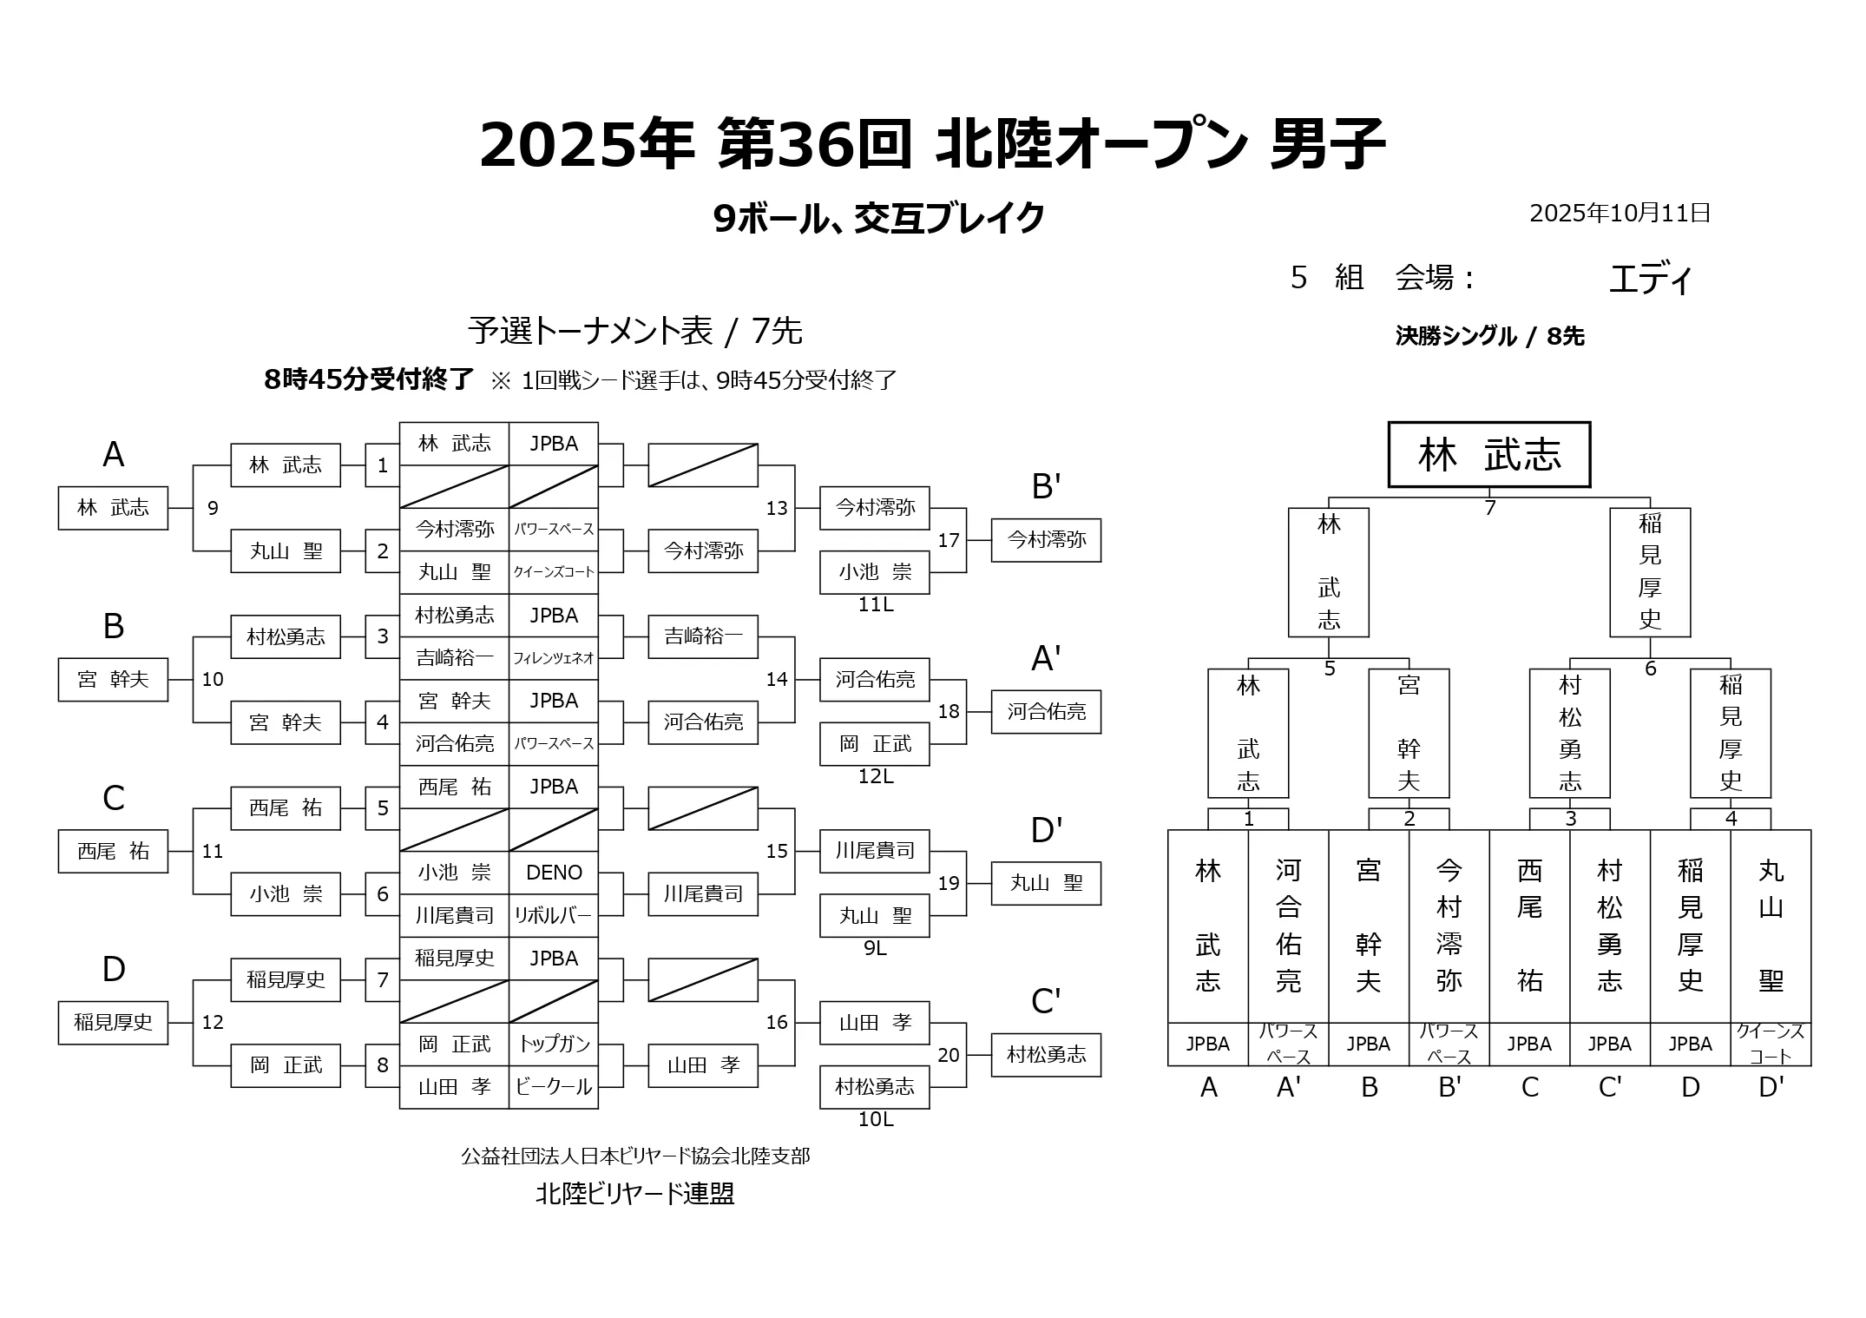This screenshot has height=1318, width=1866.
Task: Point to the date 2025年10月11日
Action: click(1620, 214)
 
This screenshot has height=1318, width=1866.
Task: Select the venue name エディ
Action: click(1650, 280)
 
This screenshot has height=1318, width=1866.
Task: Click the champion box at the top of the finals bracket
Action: click(1488, 455)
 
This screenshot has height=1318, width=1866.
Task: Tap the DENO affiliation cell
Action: click(554, 873)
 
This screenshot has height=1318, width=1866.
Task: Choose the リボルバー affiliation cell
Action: click(554, 915)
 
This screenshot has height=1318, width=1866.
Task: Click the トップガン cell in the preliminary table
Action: click(554, 1044)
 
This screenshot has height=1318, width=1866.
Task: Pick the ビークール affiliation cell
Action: click(554, 1087)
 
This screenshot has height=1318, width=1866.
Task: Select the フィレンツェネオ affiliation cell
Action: click(554, 658)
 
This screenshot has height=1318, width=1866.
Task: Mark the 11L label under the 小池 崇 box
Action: click(875, 605)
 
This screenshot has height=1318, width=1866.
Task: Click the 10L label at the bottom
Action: click(875, 1120)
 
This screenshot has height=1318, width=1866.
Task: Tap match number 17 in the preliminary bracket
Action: click(949, 540)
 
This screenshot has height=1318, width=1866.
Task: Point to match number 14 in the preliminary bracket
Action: click(777, 680)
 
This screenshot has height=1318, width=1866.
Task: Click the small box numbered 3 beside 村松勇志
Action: click(383, 636)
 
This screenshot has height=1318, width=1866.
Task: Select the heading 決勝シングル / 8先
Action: click(1489, 336)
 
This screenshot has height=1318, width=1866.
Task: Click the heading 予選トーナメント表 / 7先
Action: click(634, 331)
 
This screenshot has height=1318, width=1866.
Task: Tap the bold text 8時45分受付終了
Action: click(369, 379)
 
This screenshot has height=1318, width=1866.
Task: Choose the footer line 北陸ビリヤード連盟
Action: click(634, 1194)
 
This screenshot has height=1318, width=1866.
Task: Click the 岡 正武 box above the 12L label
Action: click(875, 744)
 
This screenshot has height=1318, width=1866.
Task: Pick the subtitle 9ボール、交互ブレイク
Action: click(878, 219)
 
